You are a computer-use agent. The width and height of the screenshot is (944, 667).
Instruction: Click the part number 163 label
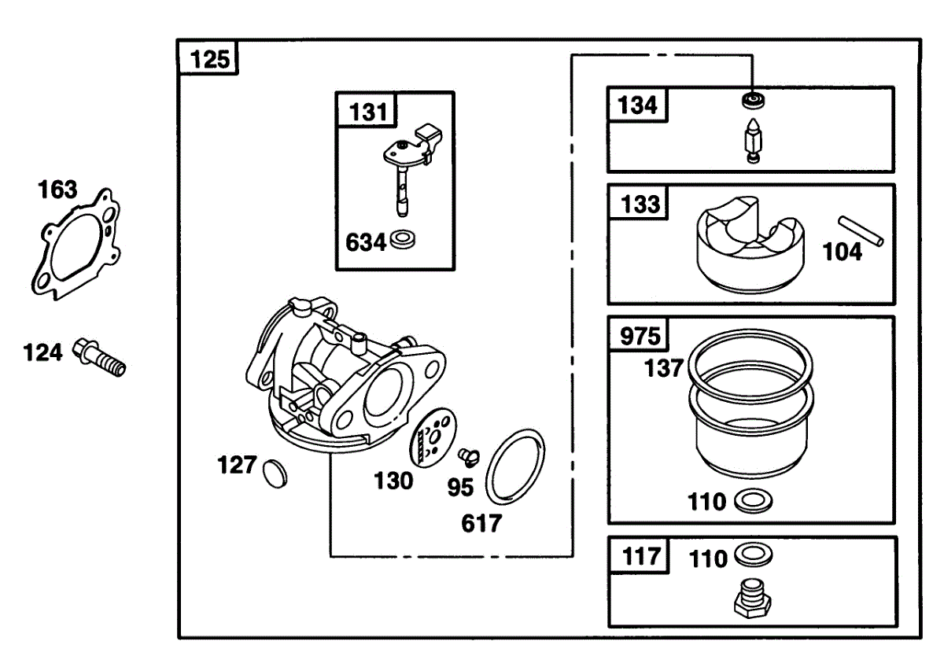click(x=57, y=190)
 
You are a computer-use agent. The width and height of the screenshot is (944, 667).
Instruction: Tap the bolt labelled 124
click(x=99, y=357)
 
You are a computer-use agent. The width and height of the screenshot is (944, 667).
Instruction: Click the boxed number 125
click(x=210, y=60)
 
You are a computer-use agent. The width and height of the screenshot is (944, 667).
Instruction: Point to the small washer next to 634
click(x=403, y=240)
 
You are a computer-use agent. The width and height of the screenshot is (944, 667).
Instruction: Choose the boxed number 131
click(x=368, y=112)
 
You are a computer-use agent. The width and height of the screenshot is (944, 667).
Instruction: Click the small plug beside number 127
click(x=275, y=474)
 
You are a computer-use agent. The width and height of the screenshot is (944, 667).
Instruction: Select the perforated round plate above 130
click(x=433, y=437)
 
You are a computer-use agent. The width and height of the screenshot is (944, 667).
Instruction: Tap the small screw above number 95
click(x=469, y=457)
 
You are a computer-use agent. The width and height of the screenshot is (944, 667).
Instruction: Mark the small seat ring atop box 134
click(x=753, y=101)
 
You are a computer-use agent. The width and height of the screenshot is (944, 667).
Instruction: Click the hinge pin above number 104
click(x=861, y=231)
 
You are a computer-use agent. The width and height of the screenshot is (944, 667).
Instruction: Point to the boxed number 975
click(x=640, y=336)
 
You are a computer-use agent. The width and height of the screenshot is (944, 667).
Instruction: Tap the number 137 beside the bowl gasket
click(x=663, y=368)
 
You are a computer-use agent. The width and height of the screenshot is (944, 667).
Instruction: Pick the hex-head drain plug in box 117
click(x=753, y=599)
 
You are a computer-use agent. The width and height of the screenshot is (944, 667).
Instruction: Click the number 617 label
click(x=481, y=524)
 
